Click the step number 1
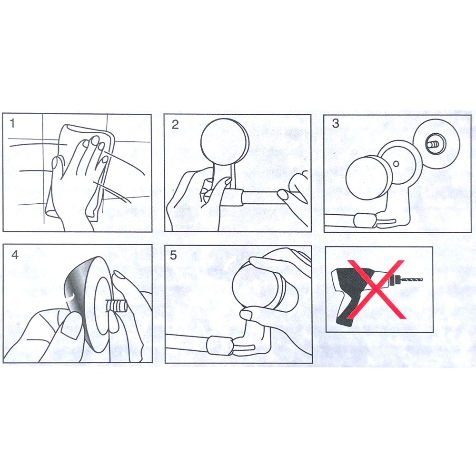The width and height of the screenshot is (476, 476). click(12, 124)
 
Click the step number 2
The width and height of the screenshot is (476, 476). click(175, 124)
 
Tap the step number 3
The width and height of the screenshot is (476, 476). click(336, 124)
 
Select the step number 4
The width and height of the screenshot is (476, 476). click(15, 255)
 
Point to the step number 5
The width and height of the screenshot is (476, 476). click(173, 255)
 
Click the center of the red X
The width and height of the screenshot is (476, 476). click(376, 289)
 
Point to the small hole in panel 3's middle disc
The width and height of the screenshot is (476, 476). click(396, 164)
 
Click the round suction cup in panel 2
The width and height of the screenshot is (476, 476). click(225, 141)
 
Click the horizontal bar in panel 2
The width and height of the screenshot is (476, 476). click(258, 198)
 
